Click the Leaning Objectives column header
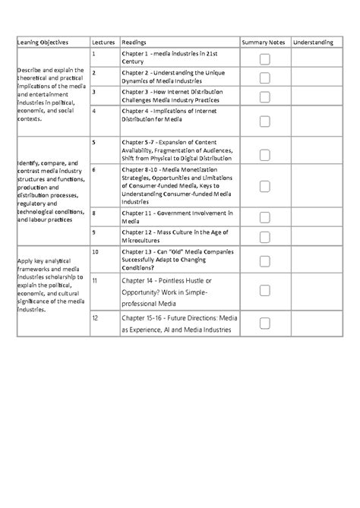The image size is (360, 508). tap(40, 42)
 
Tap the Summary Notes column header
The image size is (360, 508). tap(264, 42)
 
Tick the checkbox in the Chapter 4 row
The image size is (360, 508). tap(264, 121)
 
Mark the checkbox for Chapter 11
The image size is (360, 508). tap(264, 215)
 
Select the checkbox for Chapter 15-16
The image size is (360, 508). tap(264, 322)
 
